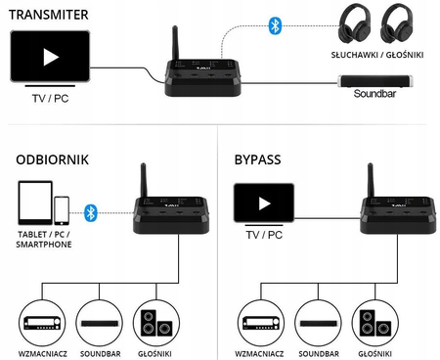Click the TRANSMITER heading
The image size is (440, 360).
coord(46,14)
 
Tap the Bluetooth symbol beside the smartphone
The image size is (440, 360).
coord(91,209)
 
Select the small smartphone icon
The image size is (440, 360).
coord(62,209)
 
